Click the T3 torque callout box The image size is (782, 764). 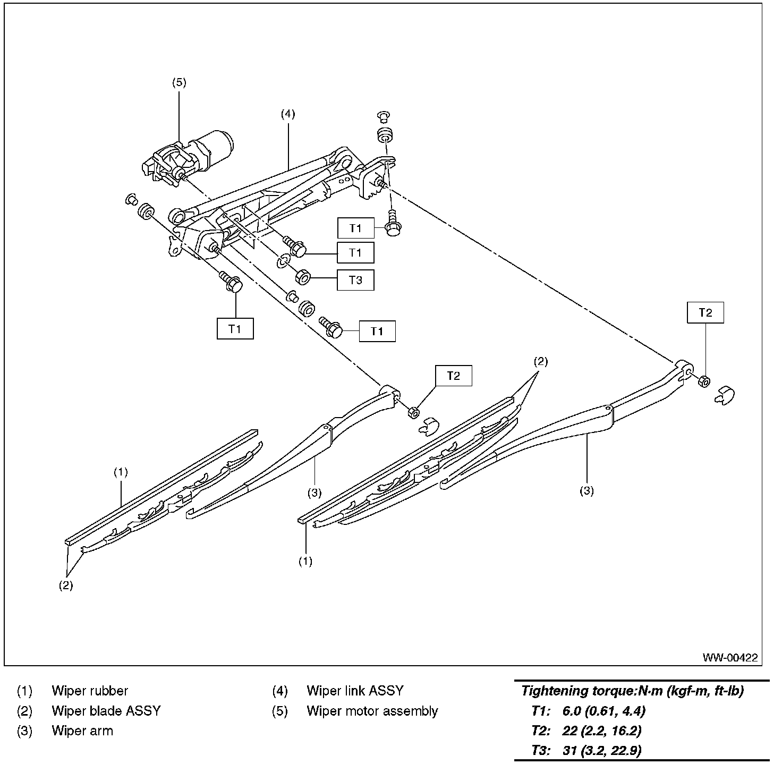pos(355,280)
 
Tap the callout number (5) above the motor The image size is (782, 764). pos(179,82)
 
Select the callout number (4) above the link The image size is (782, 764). pos(288,114)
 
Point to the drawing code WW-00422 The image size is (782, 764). pos(730,658)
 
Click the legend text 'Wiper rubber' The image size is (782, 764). pos(90,691)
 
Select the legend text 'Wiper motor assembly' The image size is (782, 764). pos(372,711)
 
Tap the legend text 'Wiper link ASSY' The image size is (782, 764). pos(355,691)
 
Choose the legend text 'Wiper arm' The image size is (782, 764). pos(82,731)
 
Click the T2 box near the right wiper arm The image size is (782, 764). pos(705,313)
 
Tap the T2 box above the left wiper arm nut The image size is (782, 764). pos(453,376)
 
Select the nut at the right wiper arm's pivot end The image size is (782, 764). pos(703,381)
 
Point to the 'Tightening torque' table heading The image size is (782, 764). pos(632,691)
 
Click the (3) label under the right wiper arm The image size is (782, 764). pos(586,491)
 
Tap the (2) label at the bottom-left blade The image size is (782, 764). pos(66,585)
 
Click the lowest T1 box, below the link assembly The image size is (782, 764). pos(235,329)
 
